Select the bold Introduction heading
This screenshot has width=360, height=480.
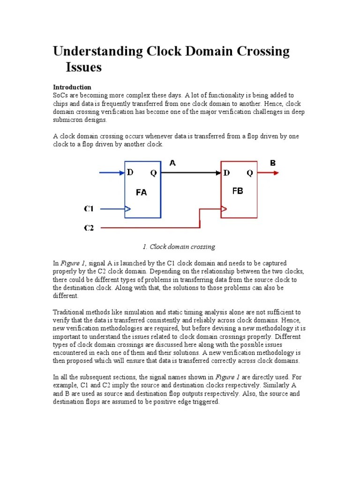click(72, 87)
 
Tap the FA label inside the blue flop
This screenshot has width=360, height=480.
click(141, 192)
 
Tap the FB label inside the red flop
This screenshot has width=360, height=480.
click(238, 191)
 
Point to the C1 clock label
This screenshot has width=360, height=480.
click(89, 208)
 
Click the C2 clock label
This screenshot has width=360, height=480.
click(89, 228)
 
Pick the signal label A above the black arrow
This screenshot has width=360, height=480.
click(172, 163)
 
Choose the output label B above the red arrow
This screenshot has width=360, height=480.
click(273, 163)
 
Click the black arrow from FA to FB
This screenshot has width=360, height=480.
click(190, 173)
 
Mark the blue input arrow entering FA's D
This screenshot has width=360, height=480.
click(112, 173)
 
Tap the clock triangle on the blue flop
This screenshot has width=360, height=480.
click(127, 209)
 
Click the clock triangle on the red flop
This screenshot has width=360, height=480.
click(224, 209)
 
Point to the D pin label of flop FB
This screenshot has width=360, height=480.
click(227, 173)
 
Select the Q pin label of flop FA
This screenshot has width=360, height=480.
click(154, 173)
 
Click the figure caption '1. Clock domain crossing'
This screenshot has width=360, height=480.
click(178, 247)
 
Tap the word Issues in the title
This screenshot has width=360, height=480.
click(83, 67)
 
